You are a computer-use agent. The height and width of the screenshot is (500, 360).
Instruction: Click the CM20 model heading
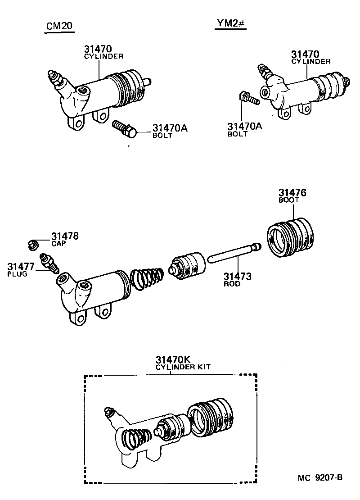pyautogui.click(x=60, y=27)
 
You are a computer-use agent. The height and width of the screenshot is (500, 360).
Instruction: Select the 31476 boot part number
pyautogui.click(x=292, y=193)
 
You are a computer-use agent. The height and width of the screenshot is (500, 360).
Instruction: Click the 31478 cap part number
pyautogui.click(x=65, y=236)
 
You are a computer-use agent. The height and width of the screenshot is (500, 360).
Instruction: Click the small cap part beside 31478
pyautogui.click(x=32, y=245)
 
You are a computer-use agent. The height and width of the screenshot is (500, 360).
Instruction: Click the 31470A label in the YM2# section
pyautogui.click(x=244, y=127)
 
